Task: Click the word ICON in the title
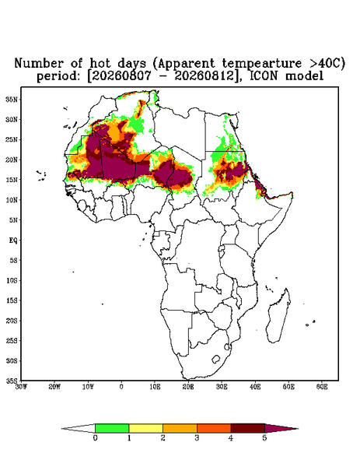(x=264, y=76)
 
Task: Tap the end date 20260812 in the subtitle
(x=204, y=76)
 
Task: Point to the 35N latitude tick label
(x=12, y=99)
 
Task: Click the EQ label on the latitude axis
(x=13, y=240)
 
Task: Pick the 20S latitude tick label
(x=12, y=321)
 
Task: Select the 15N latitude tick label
(x=12, y=180)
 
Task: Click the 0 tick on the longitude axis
(x=121, y=387)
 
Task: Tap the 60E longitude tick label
(x=322, y=387)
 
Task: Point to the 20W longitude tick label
(x=54, y=387)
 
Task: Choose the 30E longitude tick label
(x=222, y=387)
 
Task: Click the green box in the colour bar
(x=112, y=428)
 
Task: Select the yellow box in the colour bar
(x=145, y=428)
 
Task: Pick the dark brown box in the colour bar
(x=248, y=428)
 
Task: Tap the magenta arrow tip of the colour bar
(x=298, y=429)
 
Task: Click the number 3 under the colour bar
(x=197, y=438)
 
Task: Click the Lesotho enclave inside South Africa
(x=216, y=359)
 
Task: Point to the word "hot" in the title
(x=101, y=64)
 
